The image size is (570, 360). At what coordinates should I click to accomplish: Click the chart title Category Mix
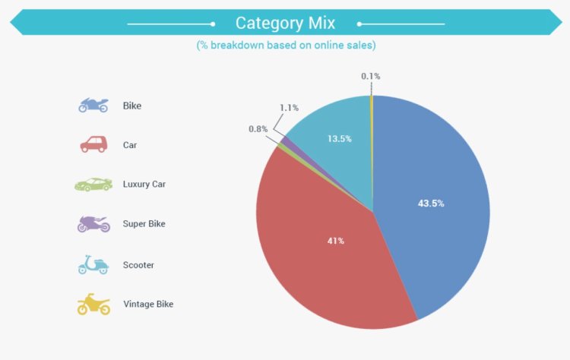coord(285,23)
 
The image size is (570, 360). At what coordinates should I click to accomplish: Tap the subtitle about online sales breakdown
coord(286,46)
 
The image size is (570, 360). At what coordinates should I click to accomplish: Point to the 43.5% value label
coord(431,204)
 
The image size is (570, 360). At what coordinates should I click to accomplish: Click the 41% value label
coord(336,241)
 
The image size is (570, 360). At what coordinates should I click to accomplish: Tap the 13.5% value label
coord(340,139)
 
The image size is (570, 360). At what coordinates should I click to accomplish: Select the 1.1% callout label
coord(288,108)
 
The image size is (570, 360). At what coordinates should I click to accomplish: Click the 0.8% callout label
coord(258,129)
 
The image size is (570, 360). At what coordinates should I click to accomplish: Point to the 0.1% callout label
coord(371,76)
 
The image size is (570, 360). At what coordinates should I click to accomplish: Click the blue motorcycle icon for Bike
coord(93,106)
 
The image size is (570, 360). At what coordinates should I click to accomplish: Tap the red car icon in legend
coord(93,144)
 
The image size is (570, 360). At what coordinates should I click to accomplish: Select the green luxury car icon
coord(93,185)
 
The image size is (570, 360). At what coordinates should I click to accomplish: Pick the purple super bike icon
coord(93,224)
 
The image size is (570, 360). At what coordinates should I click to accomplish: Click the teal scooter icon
coord(93,264)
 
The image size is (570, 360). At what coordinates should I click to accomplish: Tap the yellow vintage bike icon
coord(93,304)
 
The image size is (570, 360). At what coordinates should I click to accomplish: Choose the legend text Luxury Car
coord(144,185)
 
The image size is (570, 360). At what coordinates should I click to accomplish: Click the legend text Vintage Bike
coord(148,304)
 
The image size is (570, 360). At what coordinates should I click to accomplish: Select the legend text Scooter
coord(139,264)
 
